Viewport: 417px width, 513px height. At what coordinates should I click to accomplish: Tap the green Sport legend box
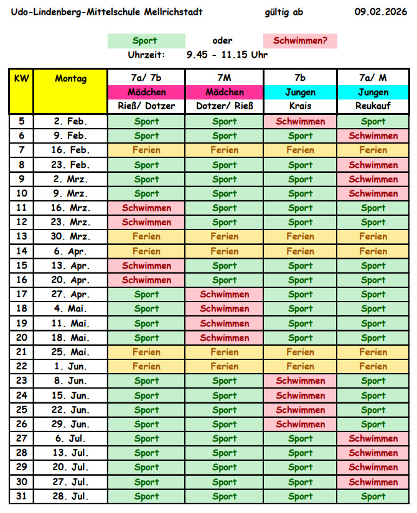pos(146,41)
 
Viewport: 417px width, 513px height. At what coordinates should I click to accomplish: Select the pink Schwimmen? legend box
pos(300,41)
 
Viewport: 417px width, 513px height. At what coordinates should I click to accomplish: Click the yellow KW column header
pos(21,91)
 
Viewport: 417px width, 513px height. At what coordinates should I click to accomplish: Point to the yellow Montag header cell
pos(70,91)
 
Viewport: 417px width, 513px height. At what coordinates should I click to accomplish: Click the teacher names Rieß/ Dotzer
pos(146,106)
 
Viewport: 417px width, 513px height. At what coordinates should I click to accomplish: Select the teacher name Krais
pos(300,106)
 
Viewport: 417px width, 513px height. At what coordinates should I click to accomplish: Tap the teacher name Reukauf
pos(373,106)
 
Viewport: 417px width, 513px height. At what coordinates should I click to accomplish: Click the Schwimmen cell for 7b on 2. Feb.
pos(300,121)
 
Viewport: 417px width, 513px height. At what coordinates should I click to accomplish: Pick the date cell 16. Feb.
pos(70,150)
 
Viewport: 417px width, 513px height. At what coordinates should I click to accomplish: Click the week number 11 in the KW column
pos(21,208)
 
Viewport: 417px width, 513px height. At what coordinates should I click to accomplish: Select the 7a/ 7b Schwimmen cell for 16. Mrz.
pos(146,208)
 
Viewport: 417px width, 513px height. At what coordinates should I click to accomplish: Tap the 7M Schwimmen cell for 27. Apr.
pos(224,294)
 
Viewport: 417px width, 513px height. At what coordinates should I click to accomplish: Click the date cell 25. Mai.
pos(70,352)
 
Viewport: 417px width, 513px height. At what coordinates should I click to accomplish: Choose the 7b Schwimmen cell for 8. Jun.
pos(300,381)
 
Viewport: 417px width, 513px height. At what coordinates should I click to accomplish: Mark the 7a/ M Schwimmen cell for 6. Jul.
pos(373,438)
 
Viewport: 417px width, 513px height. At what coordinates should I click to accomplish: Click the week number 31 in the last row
pos(21,496)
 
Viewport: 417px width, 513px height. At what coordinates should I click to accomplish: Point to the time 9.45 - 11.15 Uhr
pos(227,55)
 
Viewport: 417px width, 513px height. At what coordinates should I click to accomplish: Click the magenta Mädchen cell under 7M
pos(224,92)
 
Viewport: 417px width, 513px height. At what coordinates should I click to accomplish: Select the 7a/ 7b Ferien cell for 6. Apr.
pos(146,251)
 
